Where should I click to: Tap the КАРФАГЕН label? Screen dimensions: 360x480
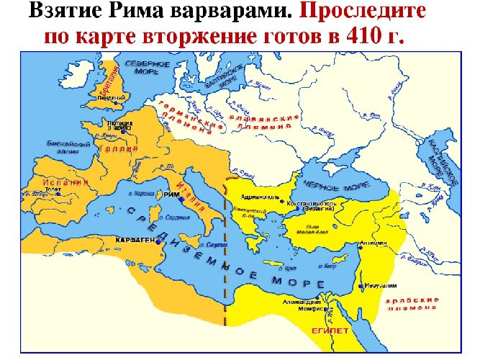click(135, 240)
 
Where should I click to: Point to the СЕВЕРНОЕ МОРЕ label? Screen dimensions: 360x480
click(147, 68)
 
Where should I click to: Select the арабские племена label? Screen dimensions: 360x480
click(409, 302)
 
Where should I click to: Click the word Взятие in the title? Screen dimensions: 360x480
click(69, 12)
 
